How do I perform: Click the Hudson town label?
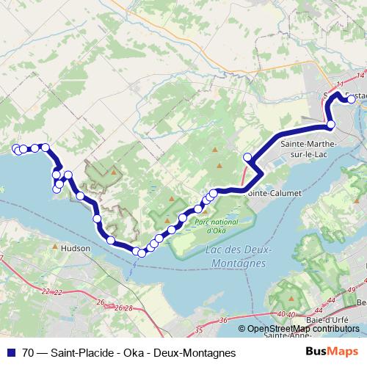point(77,248)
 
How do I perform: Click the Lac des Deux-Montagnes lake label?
point(236,255)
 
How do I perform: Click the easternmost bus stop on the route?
point(352,100)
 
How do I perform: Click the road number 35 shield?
point(199,331)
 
